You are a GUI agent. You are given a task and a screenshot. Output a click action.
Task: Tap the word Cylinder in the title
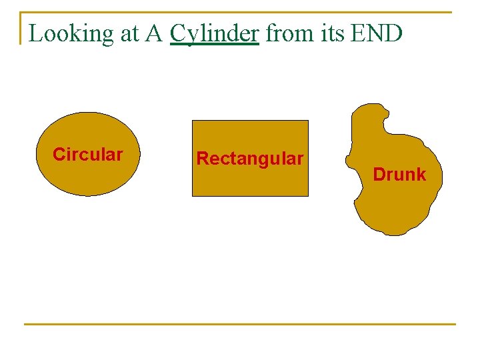(214, 33)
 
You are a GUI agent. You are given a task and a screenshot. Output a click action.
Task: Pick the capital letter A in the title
(155, 33)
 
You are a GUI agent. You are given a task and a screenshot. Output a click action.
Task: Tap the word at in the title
(129, 34)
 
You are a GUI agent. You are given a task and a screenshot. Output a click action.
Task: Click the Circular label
(88, 155)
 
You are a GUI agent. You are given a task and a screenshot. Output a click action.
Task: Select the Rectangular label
(250, 159)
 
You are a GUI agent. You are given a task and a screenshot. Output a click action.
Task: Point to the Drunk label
(399, 175)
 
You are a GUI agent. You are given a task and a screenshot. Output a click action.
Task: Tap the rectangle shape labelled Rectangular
(250, 180)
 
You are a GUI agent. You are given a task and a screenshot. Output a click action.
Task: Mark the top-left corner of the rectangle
(193, 121)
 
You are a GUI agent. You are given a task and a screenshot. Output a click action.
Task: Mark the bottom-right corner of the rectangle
(308, 195)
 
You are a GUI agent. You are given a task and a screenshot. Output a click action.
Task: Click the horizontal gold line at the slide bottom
(240, 325)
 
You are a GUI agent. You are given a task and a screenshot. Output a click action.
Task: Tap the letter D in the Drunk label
(379, 175)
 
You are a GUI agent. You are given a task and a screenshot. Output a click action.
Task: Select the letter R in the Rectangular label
(201, 159)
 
